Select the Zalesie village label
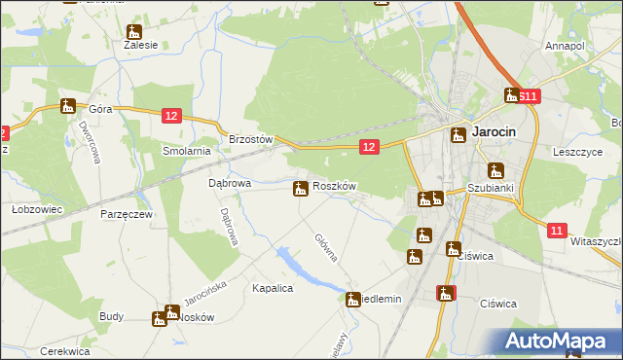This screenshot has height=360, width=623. [x=140, y=45]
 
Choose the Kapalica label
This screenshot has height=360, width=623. [x=273, y=288]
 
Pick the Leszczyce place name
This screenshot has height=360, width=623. [x=579, y=152]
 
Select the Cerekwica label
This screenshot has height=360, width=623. [x=64, y=351]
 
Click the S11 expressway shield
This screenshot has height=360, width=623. [x=529, y=96]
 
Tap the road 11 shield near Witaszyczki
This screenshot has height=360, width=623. [x=556, y=231]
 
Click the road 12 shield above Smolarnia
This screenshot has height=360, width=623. [x=171, y=116]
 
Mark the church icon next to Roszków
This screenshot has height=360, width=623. [x=301, y=187]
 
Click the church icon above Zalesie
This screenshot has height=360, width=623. [x=133, y=31]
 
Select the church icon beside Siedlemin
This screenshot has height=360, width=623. [x=351, y=299]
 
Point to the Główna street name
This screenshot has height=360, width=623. [x=326, y=247]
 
